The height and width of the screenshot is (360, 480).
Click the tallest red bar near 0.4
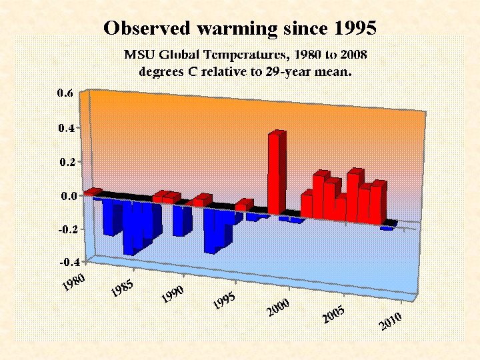pyautogui.click(x=277, y=172)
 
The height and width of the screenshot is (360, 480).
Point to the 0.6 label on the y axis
pyautogui.click(x=65, y=93)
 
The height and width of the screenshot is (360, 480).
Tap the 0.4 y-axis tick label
pyautogui.click(x=65, y=127)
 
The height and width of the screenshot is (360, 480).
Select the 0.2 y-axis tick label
pyautogui.click(x=65, y=162)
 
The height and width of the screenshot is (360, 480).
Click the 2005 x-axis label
pyautogui.click(x=333, y=315)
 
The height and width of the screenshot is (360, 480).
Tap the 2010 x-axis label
pyautogui.click(x=391, y=321)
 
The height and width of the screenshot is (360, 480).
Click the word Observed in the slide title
pyautogui.click(x=145, y=28)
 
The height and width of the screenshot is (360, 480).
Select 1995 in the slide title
pyautogui.click(x=353, y=28)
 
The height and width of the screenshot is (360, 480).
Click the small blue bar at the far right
pyautogui.click(x=387, y=227)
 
